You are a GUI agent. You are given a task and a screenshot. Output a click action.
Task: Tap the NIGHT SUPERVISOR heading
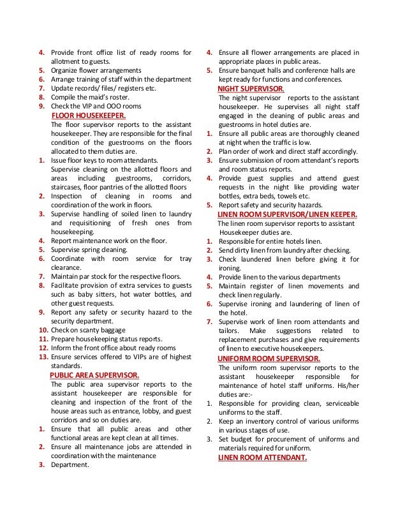[251, 89]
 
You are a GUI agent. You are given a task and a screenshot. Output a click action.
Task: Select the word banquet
[256, 70]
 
